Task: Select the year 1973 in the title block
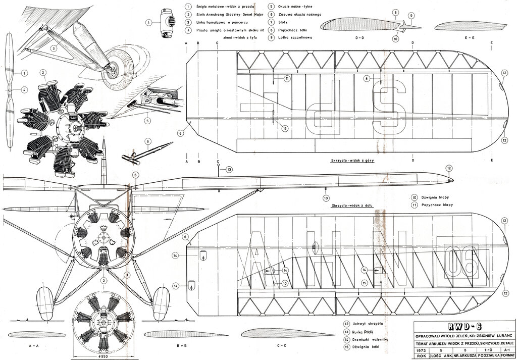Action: pyautogui.click(x=420, y=348)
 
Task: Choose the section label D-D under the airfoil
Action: pyautogui.click(x=361, y=38)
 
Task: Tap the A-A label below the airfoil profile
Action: pyautogui.click(x=34, y=346)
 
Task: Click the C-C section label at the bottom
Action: pyautogui.click(x=281, y=346)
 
